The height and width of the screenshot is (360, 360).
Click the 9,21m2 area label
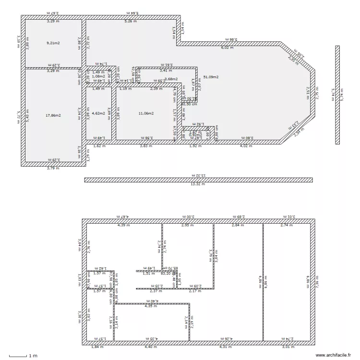tap(53, 43)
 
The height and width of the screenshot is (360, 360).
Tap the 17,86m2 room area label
tap(53, 115)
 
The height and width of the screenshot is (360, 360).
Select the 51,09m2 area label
tap(211, 77)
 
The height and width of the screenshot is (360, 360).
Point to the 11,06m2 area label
tap(146, 113)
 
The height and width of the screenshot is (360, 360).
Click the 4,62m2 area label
tap(99, 113)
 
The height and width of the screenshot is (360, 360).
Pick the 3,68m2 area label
tap(171, 79)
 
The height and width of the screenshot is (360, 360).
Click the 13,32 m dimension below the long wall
tap(198, 184)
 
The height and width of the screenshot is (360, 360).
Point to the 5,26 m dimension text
tap(130, 21)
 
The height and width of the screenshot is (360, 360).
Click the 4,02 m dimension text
tap(245, 145)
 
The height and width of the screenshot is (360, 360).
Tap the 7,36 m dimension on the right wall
tap(317, 281)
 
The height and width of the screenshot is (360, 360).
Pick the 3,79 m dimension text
tap(53, 168)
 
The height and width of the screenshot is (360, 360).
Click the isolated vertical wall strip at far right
tap(337, 95)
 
